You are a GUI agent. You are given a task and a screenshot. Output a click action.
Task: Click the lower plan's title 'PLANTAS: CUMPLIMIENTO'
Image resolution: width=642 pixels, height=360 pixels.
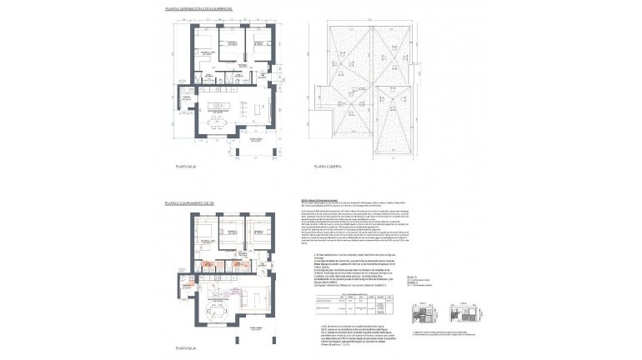coord(190,202)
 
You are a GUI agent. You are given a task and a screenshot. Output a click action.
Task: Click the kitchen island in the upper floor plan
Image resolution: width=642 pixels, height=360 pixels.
coord(219,105)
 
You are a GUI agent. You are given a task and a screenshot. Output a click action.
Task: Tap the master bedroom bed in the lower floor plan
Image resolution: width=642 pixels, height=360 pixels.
coord(205,233)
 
